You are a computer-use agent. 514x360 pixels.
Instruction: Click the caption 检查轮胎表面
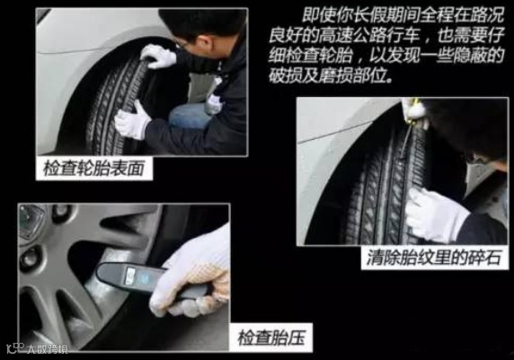93,169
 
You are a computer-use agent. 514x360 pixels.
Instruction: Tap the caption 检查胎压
271,338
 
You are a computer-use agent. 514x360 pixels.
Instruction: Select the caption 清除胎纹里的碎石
434,258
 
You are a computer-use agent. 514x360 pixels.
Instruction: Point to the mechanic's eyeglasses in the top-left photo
182,43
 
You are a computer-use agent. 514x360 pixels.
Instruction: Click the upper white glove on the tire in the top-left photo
158,56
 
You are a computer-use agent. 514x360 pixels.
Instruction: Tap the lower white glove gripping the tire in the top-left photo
132,121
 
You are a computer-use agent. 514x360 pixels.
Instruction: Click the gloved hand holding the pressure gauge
193,275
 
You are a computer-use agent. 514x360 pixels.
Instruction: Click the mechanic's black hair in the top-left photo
203,24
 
